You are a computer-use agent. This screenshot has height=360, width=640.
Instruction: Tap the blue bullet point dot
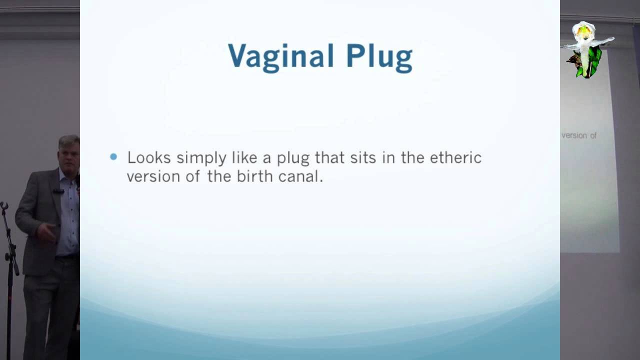[x=113, y=157]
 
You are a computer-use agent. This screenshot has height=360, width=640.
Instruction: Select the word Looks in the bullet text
[x=149, y=157]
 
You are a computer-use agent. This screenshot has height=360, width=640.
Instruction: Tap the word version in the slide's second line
[x=146, y=176]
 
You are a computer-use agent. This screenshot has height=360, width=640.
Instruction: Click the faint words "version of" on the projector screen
[x=579, y=135]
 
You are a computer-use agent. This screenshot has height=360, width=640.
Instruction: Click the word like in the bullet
[x=246, y=157]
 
